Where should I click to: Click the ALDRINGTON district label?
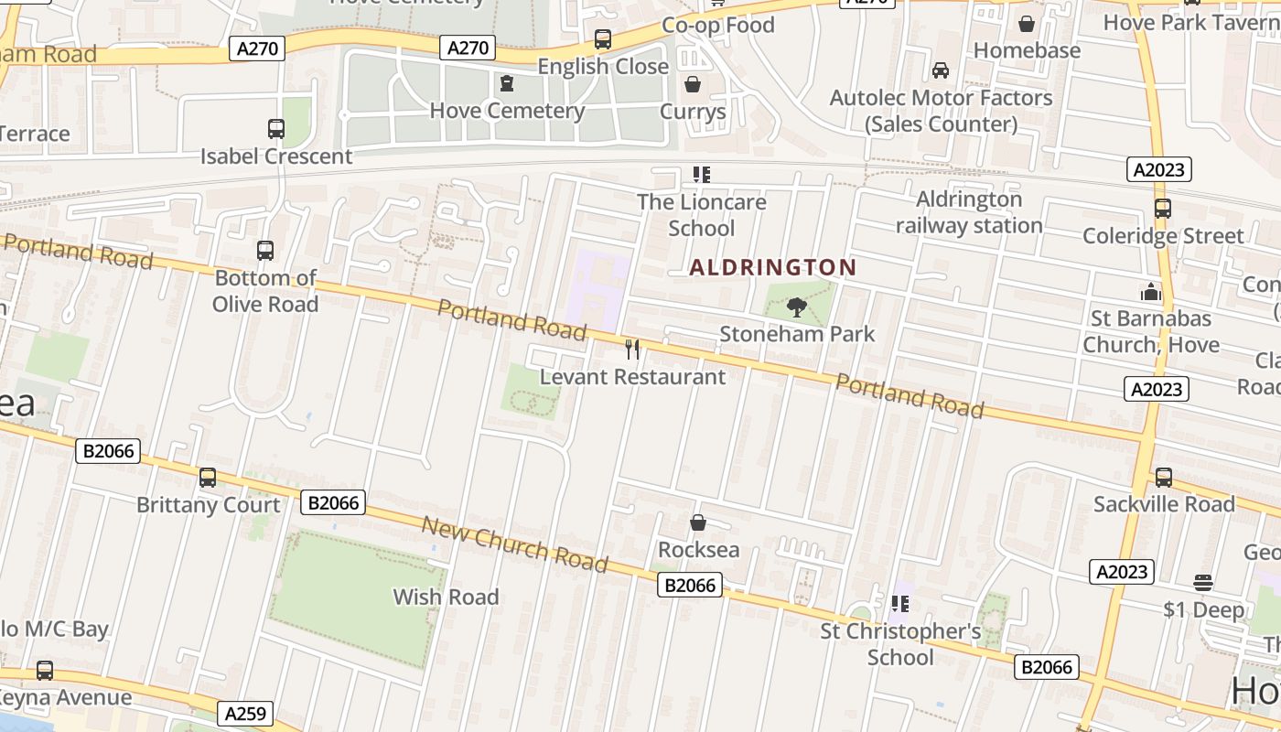[x=773, y=267]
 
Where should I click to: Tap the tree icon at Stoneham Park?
[x=797, y=307]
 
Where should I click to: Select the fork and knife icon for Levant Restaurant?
[x=631, y=349]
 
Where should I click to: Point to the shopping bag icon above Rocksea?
[x=698, y=522]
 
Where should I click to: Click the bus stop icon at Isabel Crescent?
[x=275, y=129]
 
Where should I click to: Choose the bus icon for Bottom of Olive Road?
[x=265, y=251]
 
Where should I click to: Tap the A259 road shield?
[x=246, y=713]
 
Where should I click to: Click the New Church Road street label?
[x=514, y=544]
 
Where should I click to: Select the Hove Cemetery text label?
[x=507, y=111]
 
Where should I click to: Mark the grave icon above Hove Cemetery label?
[x=507, y=84]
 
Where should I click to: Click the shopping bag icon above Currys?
[x=694, y=85]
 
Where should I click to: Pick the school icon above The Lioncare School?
[x=702, y=174]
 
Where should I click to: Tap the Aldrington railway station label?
[x=969, y=212]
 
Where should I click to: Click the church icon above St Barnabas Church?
[x=1150, y=292]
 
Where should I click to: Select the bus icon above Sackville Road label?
[x=1163, y=477]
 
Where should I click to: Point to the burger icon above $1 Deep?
[x=1203, y=582]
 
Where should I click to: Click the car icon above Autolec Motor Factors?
[x=940, y=70]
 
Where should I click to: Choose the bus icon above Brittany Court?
[x=208, y=478]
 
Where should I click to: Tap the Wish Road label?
[x=446, y=597]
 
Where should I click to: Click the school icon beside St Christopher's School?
[x=900, y=604]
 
